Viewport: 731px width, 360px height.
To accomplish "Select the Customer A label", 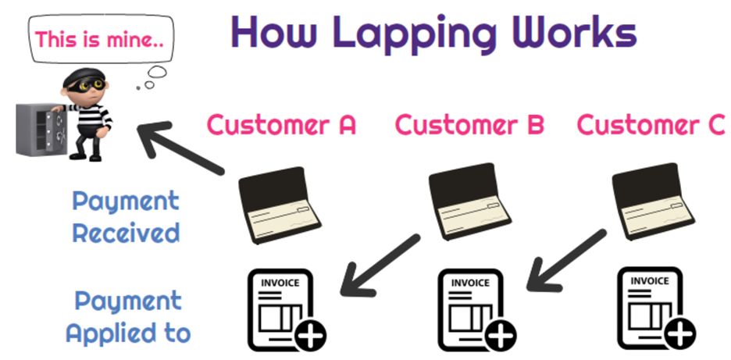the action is [x=282, y=124].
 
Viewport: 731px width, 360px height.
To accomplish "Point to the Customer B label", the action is [x=469, y=124].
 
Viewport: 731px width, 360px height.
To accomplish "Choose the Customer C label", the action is [x=651, y=124].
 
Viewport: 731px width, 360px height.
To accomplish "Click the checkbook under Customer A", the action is [x=278, y=205].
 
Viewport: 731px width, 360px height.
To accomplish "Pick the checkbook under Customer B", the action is [x=469, y=201].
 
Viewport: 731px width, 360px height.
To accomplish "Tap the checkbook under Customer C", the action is [x=653, y=201].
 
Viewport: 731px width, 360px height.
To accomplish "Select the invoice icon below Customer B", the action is [x=476, y=310].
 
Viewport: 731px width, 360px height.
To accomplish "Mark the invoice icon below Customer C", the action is [x=656, y=308].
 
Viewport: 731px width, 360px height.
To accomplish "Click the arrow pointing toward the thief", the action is [x=181, y=148].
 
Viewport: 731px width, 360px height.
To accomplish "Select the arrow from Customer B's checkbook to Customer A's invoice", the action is [x=380, y=265].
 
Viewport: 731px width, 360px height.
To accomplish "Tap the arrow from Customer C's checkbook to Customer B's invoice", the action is [x=566, y=260].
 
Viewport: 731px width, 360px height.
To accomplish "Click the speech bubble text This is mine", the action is [x=100, y=39].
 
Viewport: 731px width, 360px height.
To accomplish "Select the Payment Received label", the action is [x=126, y=217].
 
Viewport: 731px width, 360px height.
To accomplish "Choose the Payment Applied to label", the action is [x=128, y=317].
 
